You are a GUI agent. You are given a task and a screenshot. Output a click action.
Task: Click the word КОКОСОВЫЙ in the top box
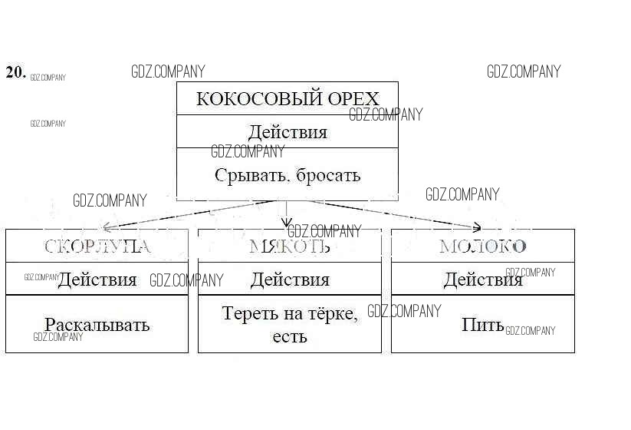click(x=245, y=99)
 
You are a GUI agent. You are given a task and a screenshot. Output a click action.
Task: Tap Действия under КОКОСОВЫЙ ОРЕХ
click(x=288, y=132)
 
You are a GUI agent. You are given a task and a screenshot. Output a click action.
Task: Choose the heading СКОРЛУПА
click(x=97, y=246)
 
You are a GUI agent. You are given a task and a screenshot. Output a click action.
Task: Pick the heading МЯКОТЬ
click(x=290, y=246)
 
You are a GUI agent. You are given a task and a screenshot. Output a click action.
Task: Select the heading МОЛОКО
click(x=483, y=246)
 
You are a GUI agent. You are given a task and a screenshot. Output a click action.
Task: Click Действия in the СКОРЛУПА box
click(x=97, y=279)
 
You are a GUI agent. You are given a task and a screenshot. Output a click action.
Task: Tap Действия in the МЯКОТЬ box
click(x=290, y=279)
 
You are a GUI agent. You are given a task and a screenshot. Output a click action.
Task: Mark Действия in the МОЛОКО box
click(x=483, y=279)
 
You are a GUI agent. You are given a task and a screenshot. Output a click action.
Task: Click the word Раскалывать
click(x=97, y=325)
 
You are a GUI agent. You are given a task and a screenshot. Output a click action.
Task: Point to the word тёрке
click(x=332, y=313)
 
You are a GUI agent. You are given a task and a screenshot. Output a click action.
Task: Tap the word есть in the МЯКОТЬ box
click(x=290, y=336)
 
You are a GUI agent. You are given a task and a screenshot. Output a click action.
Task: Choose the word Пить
click(x=482, y=325)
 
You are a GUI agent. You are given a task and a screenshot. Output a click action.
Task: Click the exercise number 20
click(x=15, y=73)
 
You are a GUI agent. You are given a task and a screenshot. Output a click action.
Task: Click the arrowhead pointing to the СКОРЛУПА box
click(x=107, y=227)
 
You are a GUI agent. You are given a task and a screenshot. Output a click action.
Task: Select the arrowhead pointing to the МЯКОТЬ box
click(x=287, y=223)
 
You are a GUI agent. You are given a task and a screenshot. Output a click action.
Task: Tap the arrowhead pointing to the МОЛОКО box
click(x=477, y=227)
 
